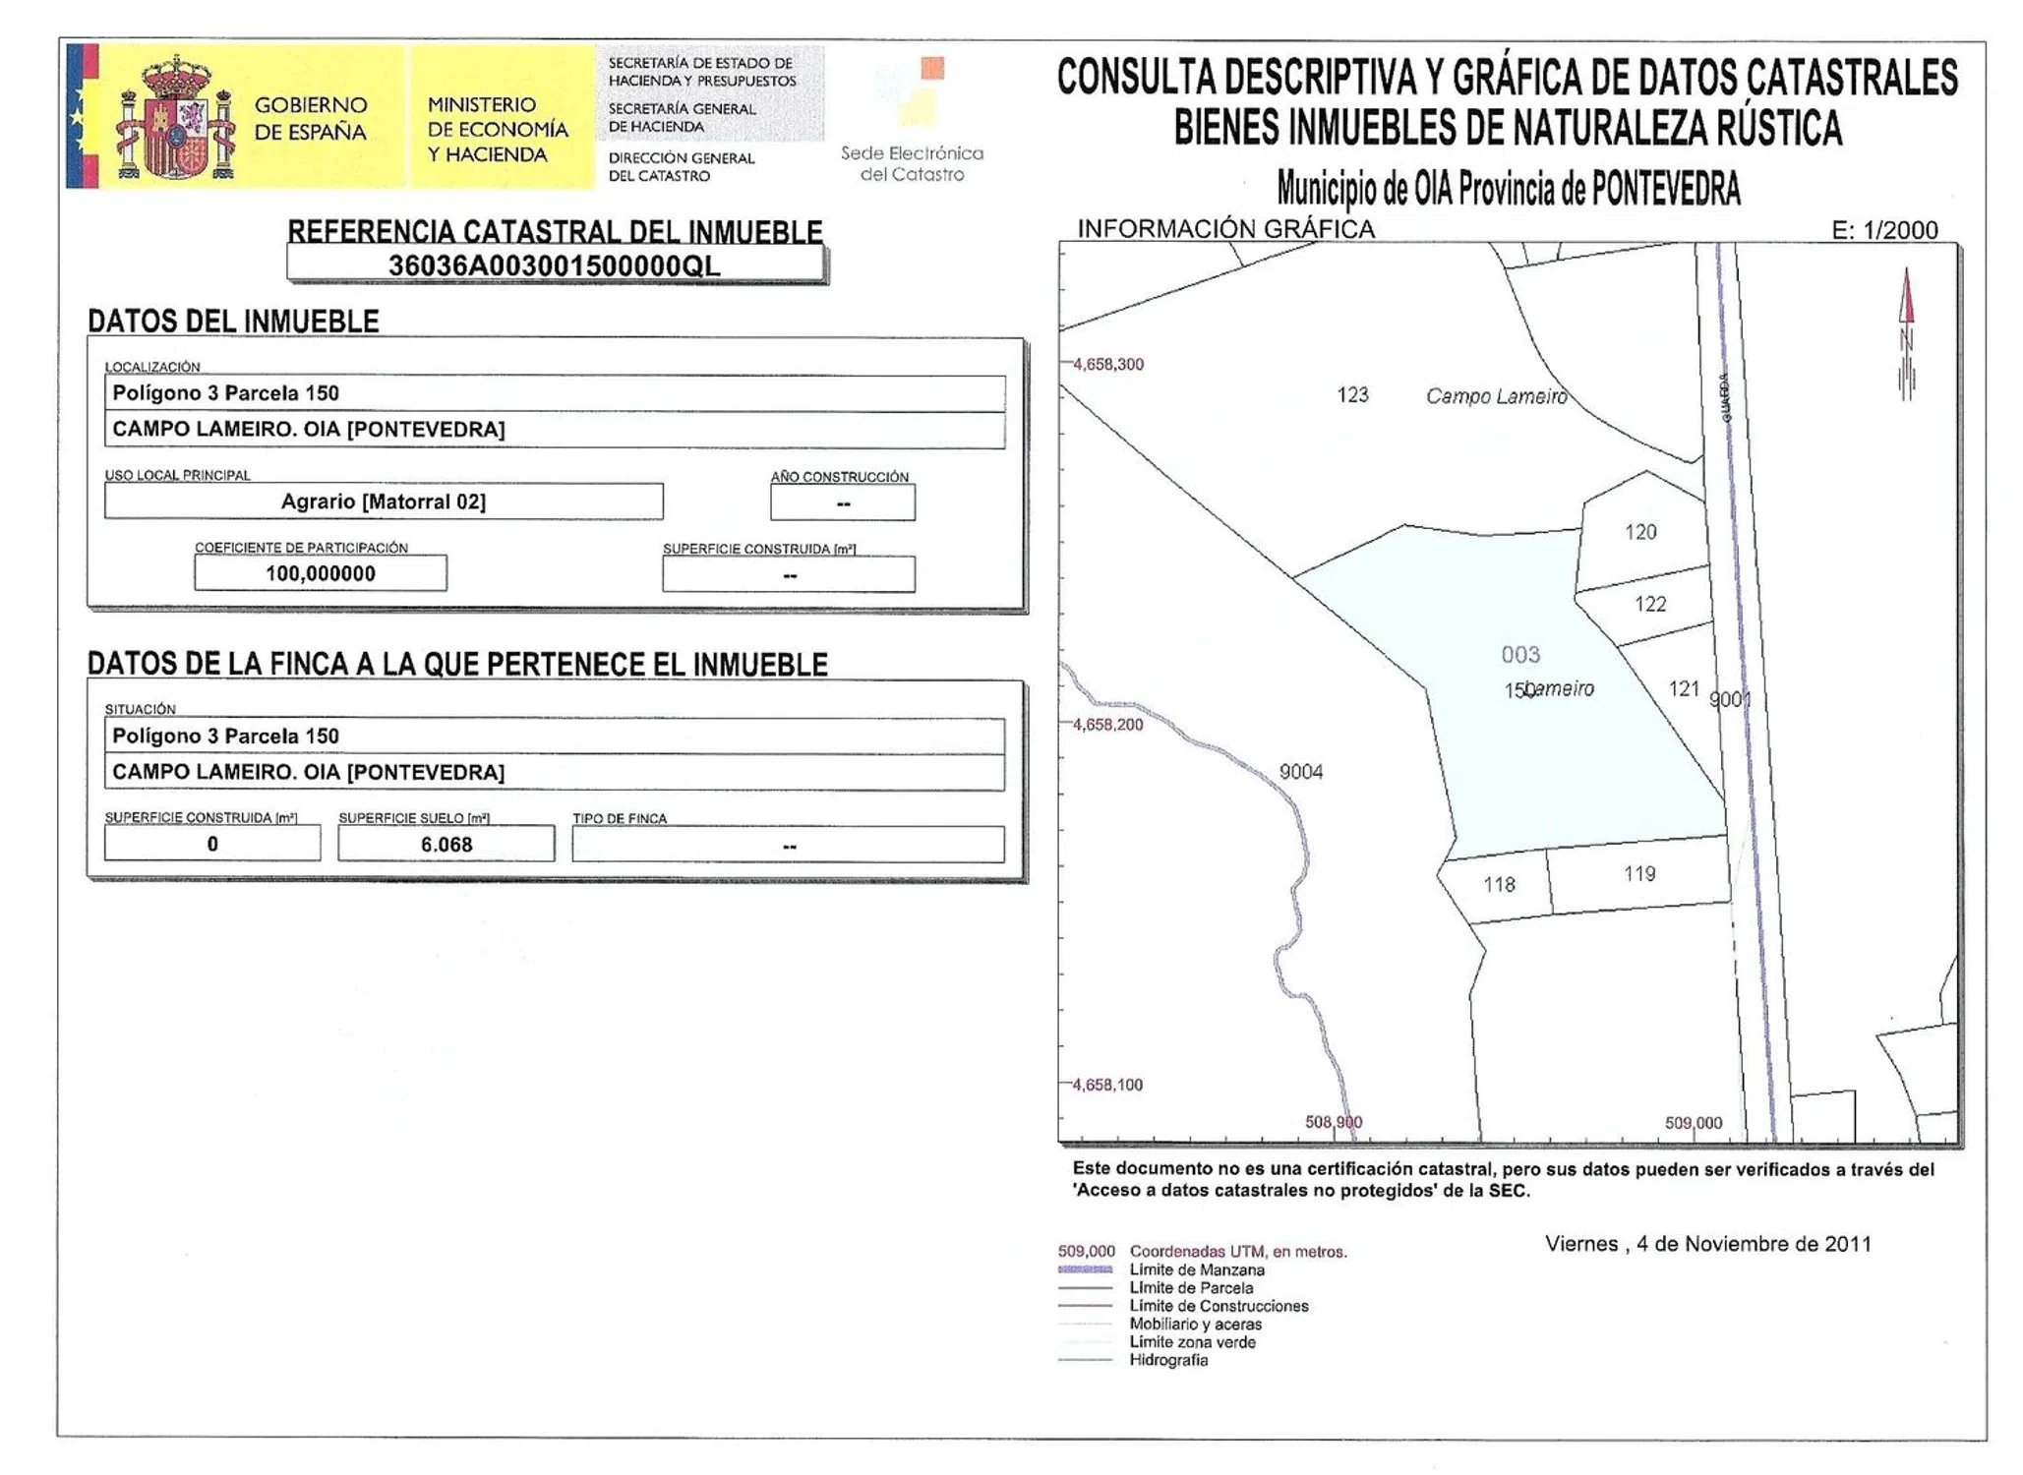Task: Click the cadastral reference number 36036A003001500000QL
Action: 554,265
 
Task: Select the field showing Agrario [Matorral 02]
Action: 384,501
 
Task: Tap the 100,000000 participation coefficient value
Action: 321,573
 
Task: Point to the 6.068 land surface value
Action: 446,845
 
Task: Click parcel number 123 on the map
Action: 1352,394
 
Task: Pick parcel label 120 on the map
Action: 1639,532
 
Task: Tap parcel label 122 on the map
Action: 1649,604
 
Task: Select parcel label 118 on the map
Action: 1499,885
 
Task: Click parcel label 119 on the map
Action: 1638,873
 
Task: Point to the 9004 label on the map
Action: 1300,772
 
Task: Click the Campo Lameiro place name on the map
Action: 1496,396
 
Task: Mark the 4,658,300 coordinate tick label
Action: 1107,364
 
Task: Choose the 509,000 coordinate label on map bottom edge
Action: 1693,1123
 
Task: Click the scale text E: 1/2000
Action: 1883,230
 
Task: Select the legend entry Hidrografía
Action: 1167,1360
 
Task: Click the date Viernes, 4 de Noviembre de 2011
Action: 1707,1244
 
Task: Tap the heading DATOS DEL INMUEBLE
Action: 233,322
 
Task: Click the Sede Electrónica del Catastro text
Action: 912,163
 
